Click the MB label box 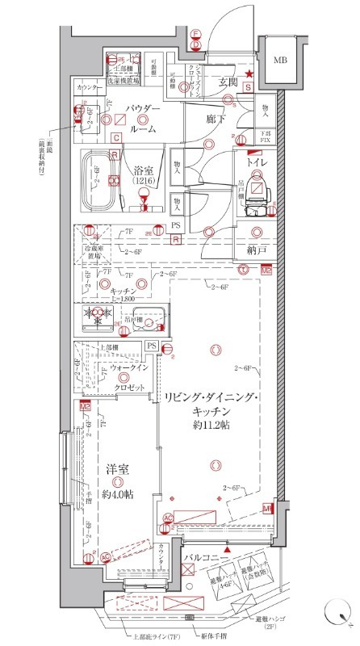tap(281, 60)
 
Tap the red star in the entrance tap(250, 75)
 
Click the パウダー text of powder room tap(142, 111)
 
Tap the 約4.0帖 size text tap(119, 494)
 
